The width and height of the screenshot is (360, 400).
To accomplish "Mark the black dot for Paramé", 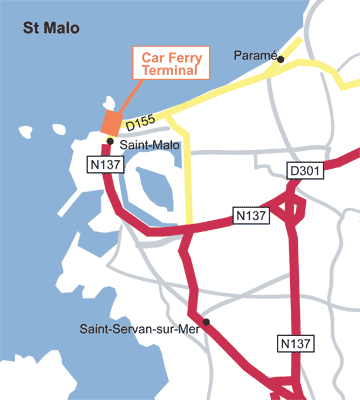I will tap(281, 59).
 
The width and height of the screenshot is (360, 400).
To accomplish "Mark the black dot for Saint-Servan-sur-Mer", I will tap(206, 322).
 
